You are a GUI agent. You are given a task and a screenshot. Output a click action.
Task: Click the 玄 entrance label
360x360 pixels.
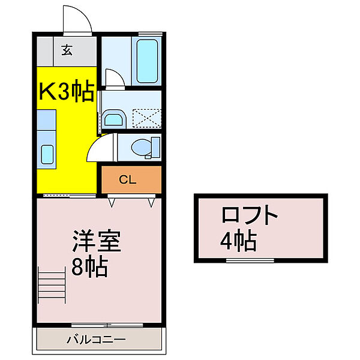[67, 50]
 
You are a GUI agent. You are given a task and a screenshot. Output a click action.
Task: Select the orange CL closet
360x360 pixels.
[131, 179]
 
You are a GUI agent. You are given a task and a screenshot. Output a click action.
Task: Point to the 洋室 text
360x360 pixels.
[97, 242]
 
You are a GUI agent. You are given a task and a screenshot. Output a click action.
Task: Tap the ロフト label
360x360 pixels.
[250, 216]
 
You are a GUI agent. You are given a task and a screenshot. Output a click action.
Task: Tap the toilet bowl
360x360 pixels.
[142, 147]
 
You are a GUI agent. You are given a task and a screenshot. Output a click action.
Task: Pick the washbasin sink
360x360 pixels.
[113, 118]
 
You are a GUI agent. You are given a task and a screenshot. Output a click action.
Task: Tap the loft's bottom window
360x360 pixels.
[250, 261]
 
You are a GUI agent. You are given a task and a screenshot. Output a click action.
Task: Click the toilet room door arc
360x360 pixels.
[100, 149]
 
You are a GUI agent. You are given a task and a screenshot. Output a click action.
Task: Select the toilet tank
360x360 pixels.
[157, 147]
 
